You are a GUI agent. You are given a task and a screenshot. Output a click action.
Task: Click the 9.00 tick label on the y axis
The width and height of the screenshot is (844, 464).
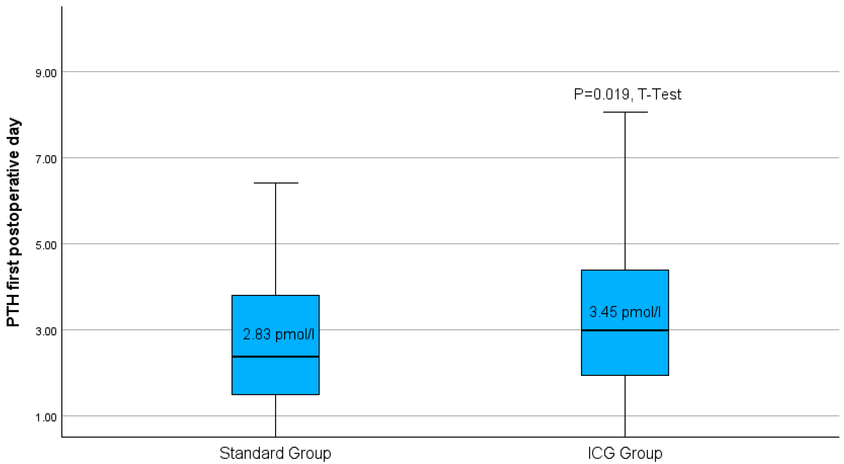[x=46, y=73]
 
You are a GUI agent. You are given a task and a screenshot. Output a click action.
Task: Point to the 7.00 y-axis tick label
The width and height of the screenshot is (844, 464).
[x=46, y=159]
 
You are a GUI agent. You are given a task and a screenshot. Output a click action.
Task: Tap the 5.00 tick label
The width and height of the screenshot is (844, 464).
[x=46, y=245]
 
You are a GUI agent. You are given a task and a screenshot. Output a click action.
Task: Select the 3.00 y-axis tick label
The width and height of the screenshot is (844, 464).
[x=46, y=331]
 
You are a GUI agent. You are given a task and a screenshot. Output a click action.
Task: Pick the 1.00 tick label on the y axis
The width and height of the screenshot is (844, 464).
[x=46, y=418]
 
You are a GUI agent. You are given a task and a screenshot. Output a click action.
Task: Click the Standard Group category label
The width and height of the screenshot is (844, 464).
[x=275, y=453]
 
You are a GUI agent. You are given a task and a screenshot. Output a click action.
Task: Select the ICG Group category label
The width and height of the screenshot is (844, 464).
[x=625, y=453]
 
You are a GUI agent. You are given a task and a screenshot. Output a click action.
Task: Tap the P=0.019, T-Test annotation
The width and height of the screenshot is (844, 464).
[x=627, y=94]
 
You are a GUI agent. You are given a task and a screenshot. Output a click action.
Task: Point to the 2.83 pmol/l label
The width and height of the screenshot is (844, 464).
[x=278, y=334]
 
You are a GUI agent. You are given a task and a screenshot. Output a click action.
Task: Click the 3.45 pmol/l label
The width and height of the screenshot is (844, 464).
[x=625, y=312]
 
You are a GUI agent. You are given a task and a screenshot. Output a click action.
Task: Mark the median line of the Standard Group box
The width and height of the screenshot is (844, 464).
[x=275, y=357]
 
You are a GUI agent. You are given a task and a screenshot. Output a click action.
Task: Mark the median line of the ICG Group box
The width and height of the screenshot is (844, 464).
[x=625, y=330]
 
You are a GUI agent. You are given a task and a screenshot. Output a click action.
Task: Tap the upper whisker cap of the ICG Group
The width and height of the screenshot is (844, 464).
[x=625, y=112]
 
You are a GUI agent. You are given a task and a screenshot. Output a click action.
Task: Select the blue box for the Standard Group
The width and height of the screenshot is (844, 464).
[x=275, y=376]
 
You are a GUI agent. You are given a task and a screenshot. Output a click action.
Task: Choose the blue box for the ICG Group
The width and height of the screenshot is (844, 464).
[x=625, y=354]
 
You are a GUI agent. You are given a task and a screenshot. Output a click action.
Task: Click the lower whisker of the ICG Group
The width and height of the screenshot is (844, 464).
[x=625, y=406]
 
